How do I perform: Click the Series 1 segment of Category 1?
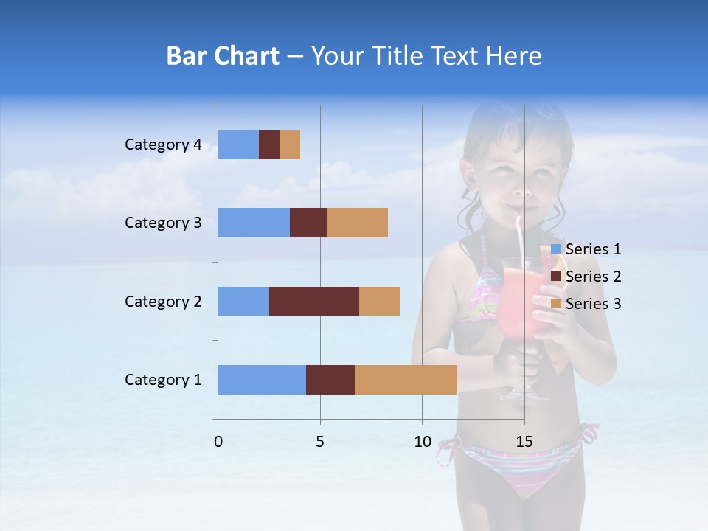point(262,380)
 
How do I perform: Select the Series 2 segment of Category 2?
point(314,301)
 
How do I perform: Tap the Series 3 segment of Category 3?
point(357,223)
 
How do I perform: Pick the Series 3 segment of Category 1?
point(406,380)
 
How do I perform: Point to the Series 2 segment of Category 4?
point(269,145)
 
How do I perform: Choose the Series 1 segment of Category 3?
point(254,223)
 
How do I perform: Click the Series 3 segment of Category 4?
point(290,145)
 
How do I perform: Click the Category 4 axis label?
point(163,145)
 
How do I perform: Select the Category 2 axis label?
point(163,302)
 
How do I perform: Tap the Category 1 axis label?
point(163,380)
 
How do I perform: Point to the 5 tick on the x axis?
point(320,442)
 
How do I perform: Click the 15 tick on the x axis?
point(524,442)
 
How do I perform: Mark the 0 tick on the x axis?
point(218,442)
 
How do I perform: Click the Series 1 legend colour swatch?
point(556,249)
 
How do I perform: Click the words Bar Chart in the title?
point(223,56)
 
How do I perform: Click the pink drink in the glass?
point(520,310)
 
